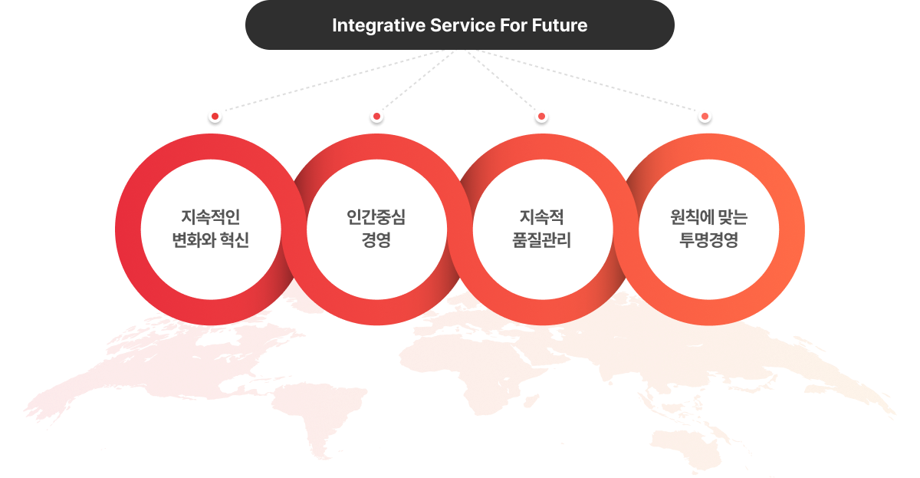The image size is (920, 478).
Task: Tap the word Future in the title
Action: tap(561, 25)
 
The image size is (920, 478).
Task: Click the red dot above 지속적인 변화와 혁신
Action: tap(215, 117)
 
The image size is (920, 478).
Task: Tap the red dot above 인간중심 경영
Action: tap(376, 117)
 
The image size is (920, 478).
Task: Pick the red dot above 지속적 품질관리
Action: tap(541, 117)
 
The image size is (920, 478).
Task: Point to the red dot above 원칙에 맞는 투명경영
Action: tap(705, 117)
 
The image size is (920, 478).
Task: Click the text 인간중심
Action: tap(376, 217)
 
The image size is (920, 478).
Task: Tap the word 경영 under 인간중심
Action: tap(376, 240)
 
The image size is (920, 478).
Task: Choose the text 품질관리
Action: tap(542, 240)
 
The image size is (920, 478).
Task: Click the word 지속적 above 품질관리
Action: tap(542, 217)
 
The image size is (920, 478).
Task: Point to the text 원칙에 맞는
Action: tap(708, 217)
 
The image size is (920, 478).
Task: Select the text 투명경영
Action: tap(708, 240)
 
